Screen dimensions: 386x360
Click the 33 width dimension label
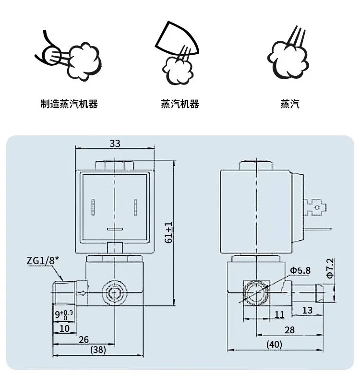pyautogui.click(x=115, y=143)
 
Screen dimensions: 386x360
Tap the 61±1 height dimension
pyautogui.click(x=168, y=232)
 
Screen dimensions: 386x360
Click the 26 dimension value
pyautogui.click(x=84, y=339)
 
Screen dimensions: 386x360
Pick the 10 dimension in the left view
pyautogui.click(x=64, y=328)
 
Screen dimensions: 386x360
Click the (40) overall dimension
pyautogui.click(x=274, y=344)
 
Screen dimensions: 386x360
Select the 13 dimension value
pyautogui.click(x=307, y=310)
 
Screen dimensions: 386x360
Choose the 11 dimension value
pyautogui.click(x=280, y=314)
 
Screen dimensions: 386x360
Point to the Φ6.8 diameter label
pyautogui.click(x=300, y=270)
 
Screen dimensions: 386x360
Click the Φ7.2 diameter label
pyautogui.click(x=330, y=268)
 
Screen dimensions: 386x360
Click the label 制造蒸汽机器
pyautogui.click(x=69, y=104)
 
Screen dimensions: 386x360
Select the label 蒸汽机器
pyautogui.click(x=180, y=104)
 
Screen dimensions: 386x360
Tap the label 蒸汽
pyautogui.click(x=290, y=104)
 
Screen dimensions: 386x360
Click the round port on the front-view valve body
pyautogui.click(x=114, y=292)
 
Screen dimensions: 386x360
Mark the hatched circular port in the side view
pyautogui.click(x=254, y=292)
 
